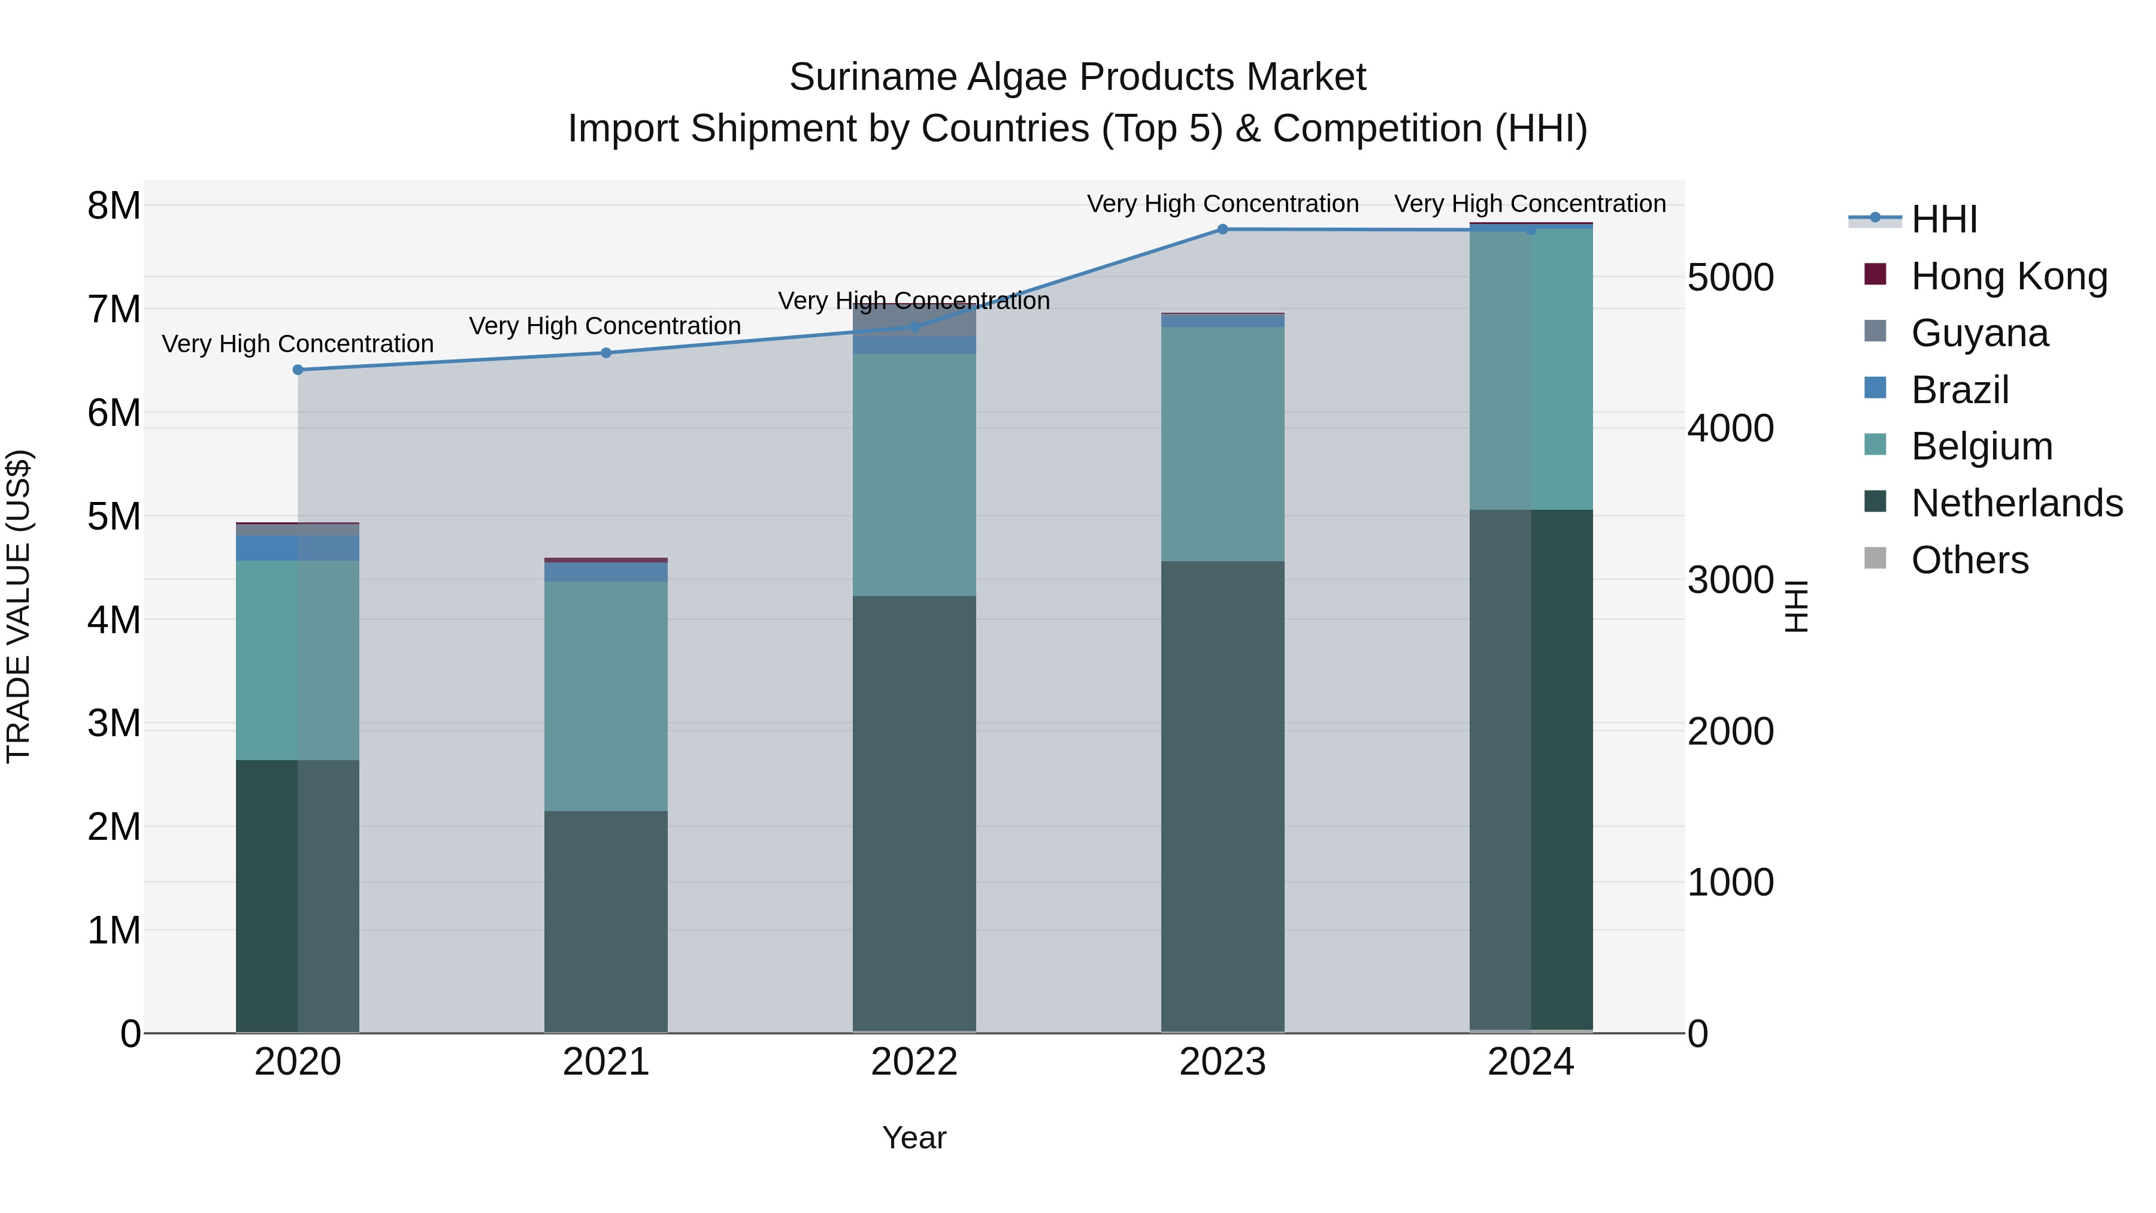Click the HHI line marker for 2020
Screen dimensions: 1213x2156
click(298, 370)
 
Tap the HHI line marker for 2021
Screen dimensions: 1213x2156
click(606, 353)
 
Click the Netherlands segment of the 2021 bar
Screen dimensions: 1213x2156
click(606, 921)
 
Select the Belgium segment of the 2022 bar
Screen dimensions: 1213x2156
click(914, 474)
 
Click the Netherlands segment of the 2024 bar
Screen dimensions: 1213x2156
click(1531, 770)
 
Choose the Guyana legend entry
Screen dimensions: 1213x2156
click(1979, 333)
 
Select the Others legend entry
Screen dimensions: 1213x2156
click(1969, 560)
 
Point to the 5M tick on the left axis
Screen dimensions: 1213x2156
click(114, 516)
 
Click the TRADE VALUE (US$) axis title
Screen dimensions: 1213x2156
click(19, 606)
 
